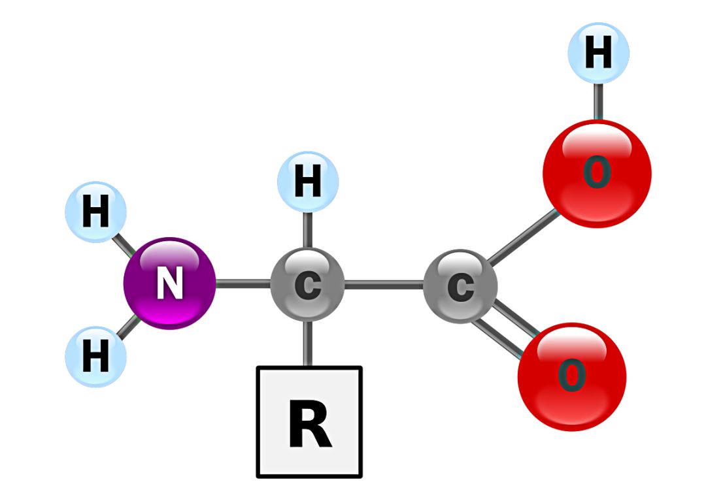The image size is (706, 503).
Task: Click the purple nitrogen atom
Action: (x=170, y=284)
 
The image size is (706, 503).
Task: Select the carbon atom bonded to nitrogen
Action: (x=307, y=284)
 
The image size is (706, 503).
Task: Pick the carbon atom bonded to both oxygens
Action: (x=460, y=286)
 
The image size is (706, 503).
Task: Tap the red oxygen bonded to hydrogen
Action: (x=597, y=174)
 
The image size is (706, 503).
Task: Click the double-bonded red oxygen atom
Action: (x=572, y=377)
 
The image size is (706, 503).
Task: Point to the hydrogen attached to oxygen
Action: (x=598, y=53)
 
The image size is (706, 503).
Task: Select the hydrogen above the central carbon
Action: (x=307, y=182)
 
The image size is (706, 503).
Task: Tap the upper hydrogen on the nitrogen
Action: (x=96, y=212)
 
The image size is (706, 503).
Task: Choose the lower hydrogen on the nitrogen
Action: (x=96, y=357)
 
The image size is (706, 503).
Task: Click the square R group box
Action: (x=309, y=422)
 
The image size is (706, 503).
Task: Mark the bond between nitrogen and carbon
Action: (x=243, y=284)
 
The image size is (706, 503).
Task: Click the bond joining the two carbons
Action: (x=384, y=285)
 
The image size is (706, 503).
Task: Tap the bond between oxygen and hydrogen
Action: (x=598, y=102)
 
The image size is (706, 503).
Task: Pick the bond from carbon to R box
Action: (x=307, y=344)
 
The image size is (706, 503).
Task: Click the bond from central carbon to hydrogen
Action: (x=307, y=230)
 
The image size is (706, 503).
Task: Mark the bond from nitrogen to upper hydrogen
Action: (x=124, y=246)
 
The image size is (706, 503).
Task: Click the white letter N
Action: (x=170, y=283)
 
